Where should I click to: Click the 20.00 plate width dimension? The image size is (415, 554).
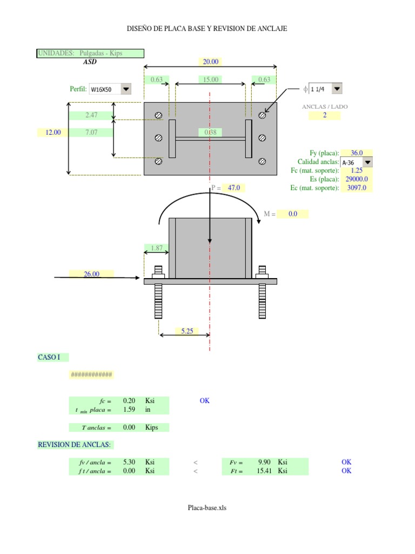(x=210, y=62)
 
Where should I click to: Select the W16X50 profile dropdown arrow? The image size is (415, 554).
(x=126, y=89)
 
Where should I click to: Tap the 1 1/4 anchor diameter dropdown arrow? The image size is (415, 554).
(x=337, y=89)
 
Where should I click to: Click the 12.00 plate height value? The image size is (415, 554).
(x=53, y=133)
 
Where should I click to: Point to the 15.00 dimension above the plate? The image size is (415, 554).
(x=210, y=80)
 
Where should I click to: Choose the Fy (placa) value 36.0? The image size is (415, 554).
(x=357, y=153)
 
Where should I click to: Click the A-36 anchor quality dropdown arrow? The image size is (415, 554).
(x=367, y=162)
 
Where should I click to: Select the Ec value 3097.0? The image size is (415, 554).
(x=357, y=188)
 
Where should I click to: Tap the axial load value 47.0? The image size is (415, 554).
(x=233, y=188)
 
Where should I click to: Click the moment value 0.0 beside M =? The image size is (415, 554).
(x=292, y=214)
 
